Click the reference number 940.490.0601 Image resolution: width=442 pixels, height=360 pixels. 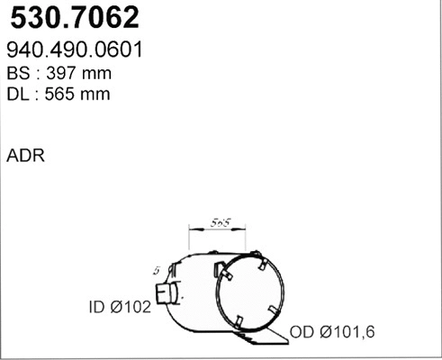tap(77, 49)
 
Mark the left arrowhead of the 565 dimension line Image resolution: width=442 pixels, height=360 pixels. tap(188, 229)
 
